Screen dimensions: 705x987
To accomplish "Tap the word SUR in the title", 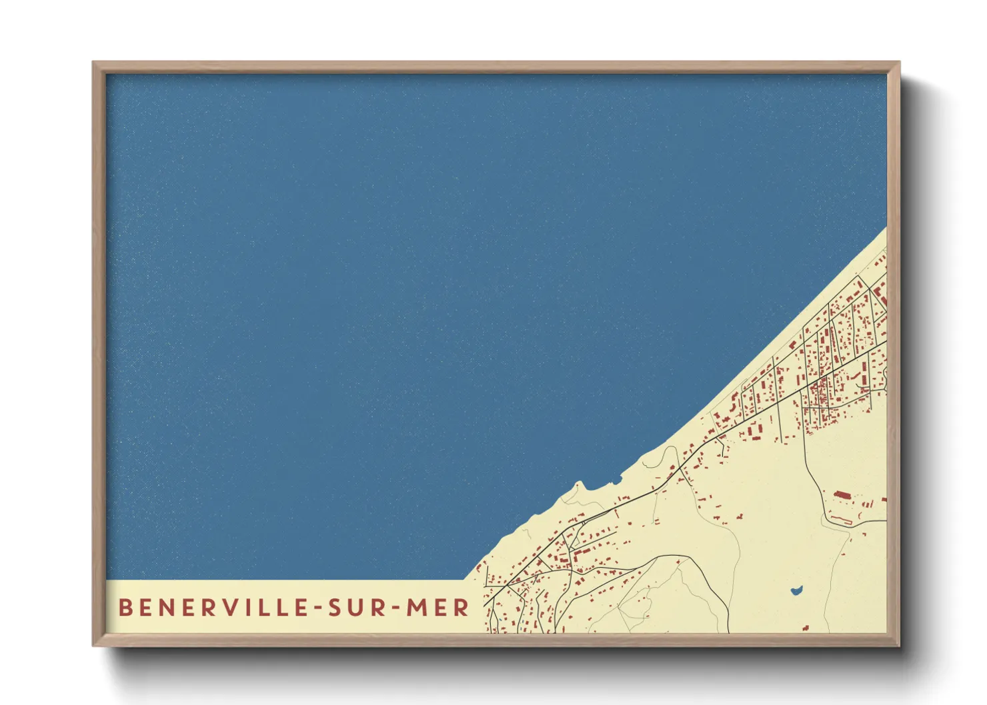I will pos(356,608).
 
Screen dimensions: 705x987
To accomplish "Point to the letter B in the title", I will pos(125,608).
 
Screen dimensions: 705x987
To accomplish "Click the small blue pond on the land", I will pos(796,590).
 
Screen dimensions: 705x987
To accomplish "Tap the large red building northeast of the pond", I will pos(842,496).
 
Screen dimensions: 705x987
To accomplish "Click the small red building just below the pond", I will pos(806,627).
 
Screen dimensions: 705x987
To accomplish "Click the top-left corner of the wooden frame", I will pos(94,63).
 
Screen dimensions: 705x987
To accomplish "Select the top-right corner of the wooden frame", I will pos(898,63).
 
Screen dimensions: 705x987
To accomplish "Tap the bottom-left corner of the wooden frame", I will pos(94,644).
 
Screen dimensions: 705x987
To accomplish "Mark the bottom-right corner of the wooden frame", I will pos(898,644).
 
